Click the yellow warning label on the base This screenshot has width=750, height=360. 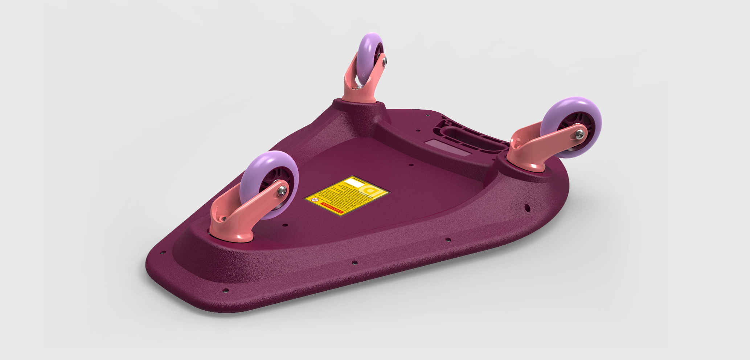point(347,196)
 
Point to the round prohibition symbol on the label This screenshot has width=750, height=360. point(316,200)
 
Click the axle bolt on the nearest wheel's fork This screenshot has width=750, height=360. point(282,191)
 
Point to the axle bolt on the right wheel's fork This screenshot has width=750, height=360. point(579,134)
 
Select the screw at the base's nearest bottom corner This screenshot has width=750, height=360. point(225,291)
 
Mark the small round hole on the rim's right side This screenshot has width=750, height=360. point(527,208)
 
